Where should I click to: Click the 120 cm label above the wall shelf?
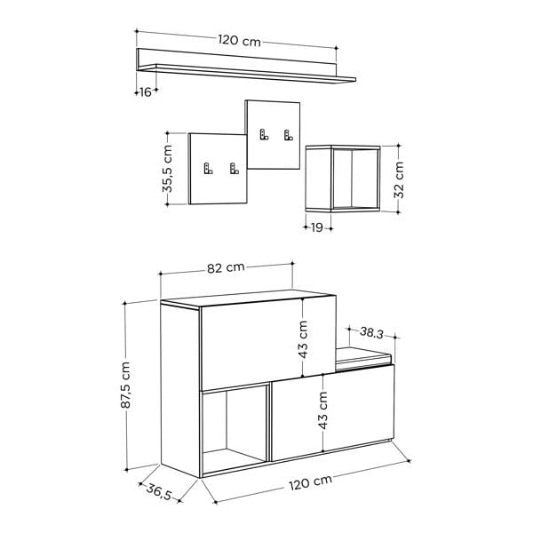click(x=239, y=41)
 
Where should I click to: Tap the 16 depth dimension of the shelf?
click(x=146, y=91)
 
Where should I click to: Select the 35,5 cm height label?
click(x=167, y=169)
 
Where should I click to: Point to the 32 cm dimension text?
click(x=398, y=179)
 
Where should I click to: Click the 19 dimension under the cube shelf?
click(x=317, y=227)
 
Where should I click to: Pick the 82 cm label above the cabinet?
click(x=226, y=267)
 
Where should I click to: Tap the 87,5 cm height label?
click(x=125, y=385)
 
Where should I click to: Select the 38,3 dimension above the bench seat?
click(x=371, y=332)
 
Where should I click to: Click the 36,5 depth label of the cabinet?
click(x=159, y=492)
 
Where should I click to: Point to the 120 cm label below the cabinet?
click(x=310, y=482)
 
